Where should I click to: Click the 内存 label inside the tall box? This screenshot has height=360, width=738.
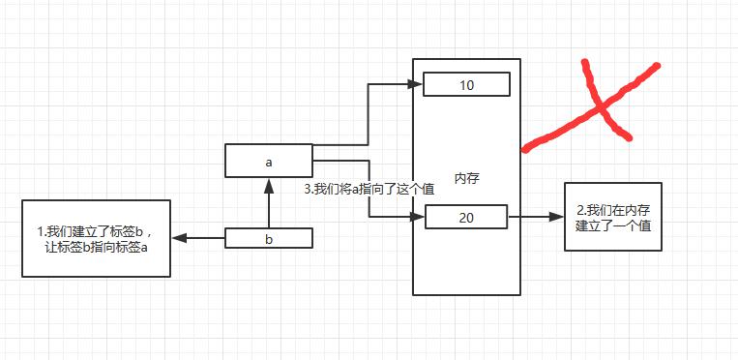coord(467,179)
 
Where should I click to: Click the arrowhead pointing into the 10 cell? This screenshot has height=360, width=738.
coord(415,84)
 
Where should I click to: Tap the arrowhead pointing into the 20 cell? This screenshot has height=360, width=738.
coord(418,217)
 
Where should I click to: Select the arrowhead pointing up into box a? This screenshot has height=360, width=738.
coord(269,186)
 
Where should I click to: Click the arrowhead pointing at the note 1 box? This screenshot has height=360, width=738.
coord(179,238)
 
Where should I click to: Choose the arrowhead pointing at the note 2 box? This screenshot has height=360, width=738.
coord(556,217)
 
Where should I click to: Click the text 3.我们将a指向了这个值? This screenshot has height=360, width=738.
coord(369,190)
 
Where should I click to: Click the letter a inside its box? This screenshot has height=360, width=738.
coord(269,163)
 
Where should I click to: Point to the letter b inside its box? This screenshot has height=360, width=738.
coord(269,239)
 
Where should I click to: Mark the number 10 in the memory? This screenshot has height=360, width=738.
coord(466,85)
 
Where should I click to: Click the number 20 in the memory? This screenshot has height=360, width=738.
coord(466,218)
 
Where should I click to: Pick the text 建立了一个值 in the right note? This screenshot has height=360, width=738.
coord(613,225)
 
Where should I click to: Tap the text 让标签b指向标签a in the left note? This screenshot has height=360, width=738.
coord(96,248)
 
